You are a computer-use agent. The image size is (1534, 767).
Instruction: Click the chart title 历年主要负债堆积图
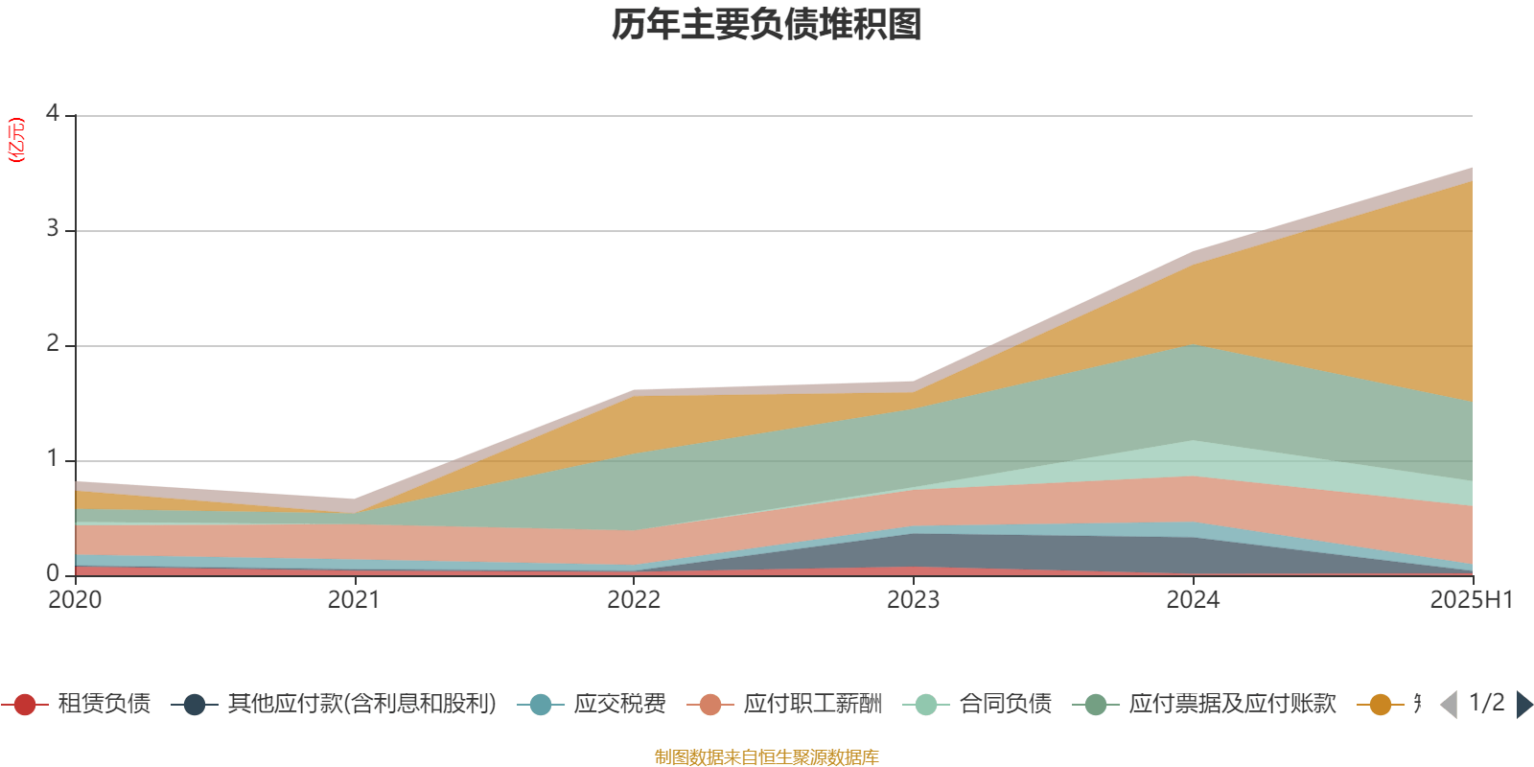click(767, 25)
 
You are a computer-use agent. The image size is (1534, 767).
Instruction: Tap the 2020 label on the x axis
click(75, 600)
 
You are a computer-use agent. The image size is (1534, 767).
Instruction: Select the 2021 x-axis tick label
click(354, 600)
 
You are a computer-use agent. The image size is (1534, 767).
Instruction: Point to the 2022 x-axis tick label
click(634, 600)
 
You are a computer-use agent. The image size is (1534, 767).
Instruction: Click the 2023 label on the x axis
click(913, 600)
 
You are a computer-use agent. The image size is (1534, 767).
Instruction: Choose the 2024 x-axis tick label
click(1193, 600)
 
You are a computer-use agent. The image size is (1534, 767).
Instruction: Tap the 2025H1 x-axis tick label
click(1470, 600)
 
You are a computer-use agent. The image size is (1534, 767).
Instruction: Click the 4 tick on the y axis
click(52, 114)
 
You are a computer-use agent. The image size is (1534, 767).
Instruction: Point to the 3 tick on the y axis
click(52, 229)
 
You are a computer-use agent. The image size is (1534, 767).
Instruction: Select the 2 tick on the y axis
click(52, 344)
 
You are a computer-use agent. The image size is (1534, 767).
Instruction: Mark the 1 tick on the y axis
click(52, 459)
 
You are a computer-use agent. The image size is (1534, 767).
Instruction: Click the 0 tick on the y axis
click(52, 573)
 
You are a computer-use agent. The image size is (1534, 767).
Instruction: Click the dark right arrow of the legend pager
click(1524, 705)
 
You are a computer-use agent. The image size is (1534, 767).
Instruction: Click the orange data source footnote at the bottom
click(767, 757)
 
